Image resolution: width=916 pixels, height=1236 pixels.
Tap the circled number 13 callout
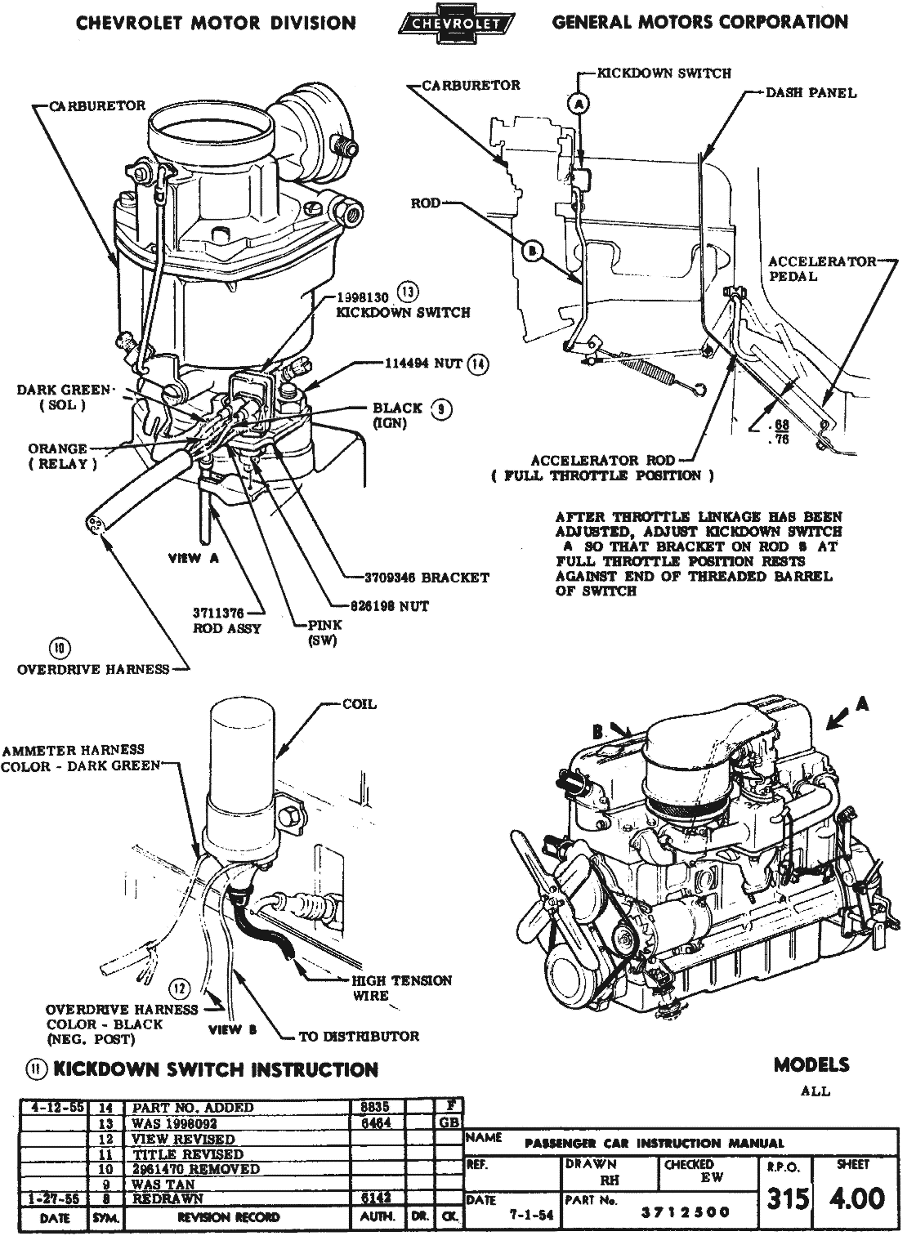[408, 292]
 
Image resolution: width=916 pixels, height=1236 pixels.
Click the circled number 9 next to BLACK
[441, 410]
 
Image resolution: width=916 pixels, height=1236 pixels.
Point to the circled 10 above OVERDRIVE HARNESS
[60, 649]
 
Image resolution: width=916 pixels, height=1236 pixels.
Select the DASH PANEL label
[811, 93]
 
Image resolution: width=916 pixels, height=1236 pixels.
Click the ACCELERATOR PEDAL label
[820, 269]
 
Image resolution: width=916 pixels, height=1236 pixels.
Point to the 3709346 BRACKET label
[427, 578]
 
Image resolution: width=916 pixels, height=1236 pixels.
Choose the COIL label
[359, 704]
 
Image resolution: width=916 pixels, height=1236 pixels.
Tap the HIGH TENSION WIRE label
[400, 988]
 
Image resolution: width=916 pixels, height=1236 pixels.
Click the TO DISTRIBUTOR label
[359, 1036]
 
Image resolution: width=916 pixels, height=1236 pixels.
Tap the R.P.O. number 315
[789, 1198]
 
